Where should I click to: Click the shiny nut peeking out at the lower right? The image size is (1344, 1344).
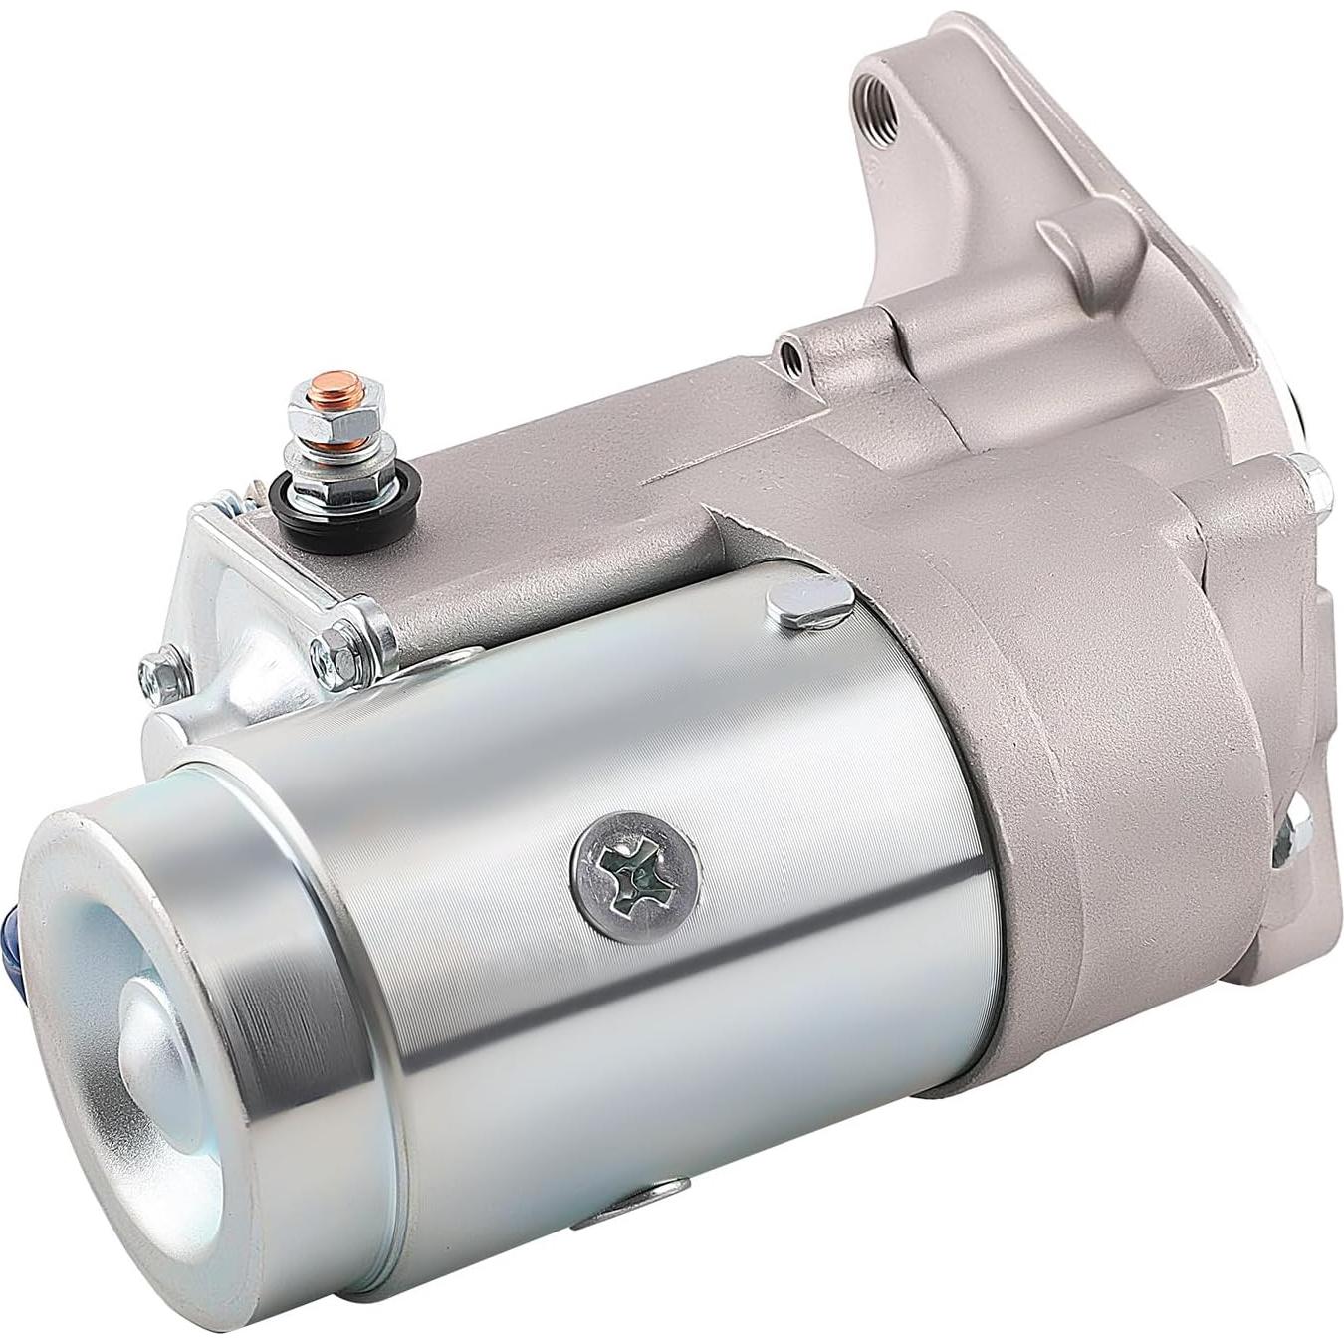1290,834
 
